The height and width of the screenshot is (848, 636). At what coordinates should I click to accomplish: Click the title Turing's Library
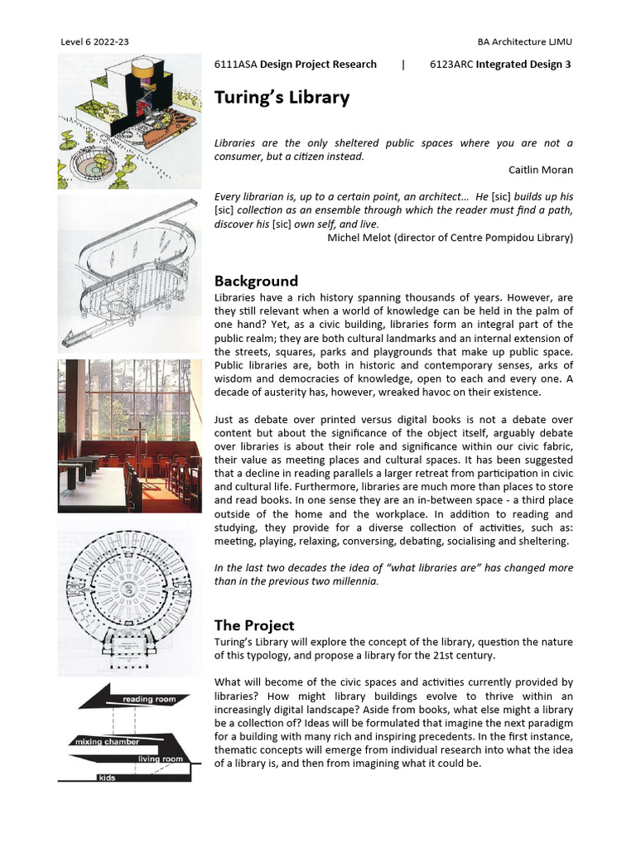[282, 98]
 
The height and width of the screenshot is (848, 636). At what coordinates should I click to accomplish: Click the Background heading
[256, 281]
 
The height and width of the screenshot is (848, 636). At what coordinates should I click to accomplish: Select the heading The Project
[254, 625]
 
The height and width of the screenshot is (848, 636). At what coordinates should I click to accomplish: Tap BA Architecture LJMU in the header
[524, 41]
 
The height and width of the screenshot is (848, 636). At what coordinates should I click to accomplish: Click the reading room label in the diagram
[150, 700]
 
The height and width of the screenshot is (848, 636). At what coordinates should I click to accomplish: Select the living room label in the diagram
[160, 759]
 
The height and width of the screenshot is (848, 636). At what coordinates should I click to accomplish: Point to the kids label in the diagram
[107, 778]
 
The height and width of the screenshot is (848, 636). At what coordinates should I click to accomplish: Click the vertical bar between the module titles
[403, 64]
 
